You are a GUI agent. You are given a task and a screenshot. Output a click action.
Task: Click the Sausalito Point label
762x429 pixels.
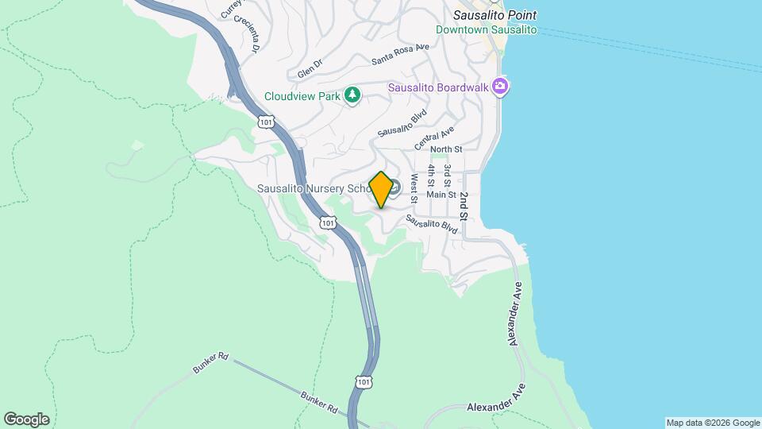(495, 15)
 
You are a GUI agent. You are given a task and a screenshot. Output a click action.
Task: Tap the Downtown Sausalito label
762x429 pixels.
(487, 30)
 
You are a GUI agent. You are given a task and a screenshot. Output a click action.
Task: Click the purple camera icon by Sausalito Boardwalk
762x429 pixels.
(499, 86)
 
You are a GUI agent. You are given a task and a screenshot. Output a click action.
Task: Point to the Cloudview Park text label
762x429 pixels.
(302, 97)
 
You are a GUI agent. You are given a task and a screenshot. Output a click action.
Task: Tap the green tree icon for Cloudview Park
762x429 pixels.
(352, 96)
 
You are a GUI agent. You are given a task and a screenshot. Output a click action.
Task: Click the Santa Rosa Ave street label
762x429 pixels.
(400, 54)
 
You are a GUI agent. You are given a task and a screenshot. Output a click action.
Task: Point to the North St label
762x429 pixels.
(445, 149)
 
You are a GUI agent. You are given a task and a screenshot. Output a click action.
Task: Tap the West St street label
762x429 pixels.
(414, 187)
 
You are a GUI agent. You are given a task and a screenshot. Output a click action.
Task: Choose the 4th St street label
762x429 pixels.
(431, 176)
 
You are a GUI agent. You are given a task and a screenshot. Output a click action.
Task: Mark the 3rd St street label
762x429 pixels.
(448, 176)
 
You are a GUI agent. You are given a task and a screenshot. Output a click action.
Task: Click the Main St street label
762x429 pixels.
(441, 194)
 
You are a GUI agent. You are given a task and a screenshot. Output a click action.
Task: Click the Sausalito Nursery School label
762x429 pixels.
(314, 189)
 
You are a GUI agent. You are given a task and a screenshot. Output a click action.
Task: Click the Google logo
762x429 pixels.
(26, 419)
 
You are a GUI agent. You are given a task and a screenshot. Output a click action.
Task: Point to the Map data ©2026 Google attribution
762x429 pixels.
(712, 423)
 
